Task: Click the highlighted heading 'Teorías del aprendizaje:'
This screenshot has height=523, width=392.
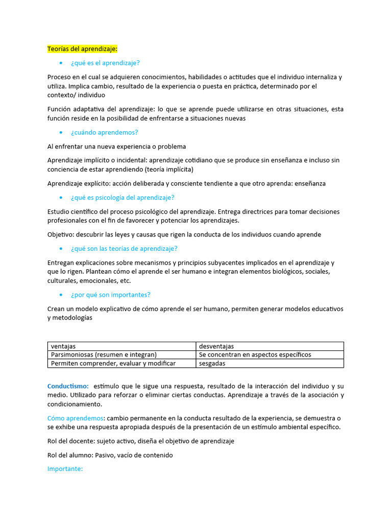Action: click(x=82, y=49)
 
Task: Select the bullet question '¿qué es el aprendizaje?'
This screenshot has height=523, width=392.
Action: click(x=105, y=63)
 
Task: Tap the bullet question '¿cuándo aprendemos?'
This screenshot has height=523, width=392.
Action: click(x=105, y=132)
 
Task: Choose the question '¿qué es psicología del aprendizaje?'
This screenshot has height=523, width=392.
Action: click(x=122, y=198)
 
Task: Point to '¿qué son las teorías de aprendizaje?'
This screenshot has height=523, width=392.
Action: click(x=124, y=249)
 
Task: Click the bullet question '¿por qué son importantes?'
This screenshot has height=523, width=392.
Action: click(x=111, y=295)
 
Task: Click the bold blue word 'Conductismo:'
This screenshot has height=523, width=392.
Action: click(x=68, y=386)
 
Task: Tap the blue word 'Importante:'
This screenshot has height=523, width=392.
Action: click(x=65, y=468)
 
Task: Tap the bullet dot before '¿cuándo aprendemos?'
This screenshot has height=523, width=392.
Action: click(x=61, y=133)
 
